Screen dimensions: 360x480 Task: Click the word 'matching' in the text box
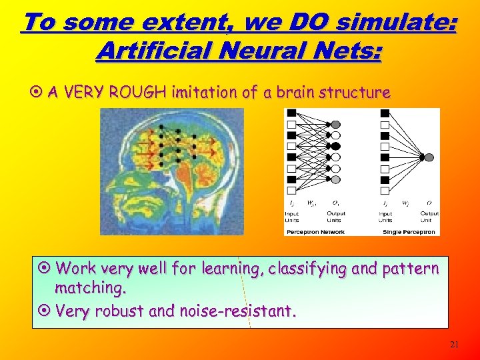coord(89,289)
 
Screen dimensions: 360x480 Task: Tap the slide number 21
coord(455,344)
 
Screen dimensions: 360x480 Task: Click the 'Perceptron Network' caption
coord(315,232)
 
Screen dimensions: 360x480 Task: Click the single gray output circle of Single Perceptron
coord(429,157)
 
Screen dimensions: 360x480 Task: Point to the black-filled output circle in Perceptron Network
coord(335,146)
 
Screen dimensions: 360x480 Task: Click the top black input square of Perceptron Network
coord(291,113)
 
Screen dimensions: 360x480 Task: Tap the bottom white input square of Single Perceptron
coord(385,191)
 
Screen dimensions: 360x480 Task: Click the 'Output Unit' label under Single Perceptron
coord(429,217)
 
